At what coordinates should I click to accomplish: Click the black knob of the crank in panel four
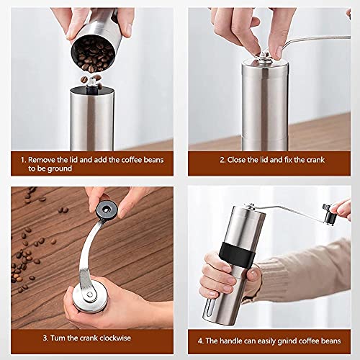point(330,212)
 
